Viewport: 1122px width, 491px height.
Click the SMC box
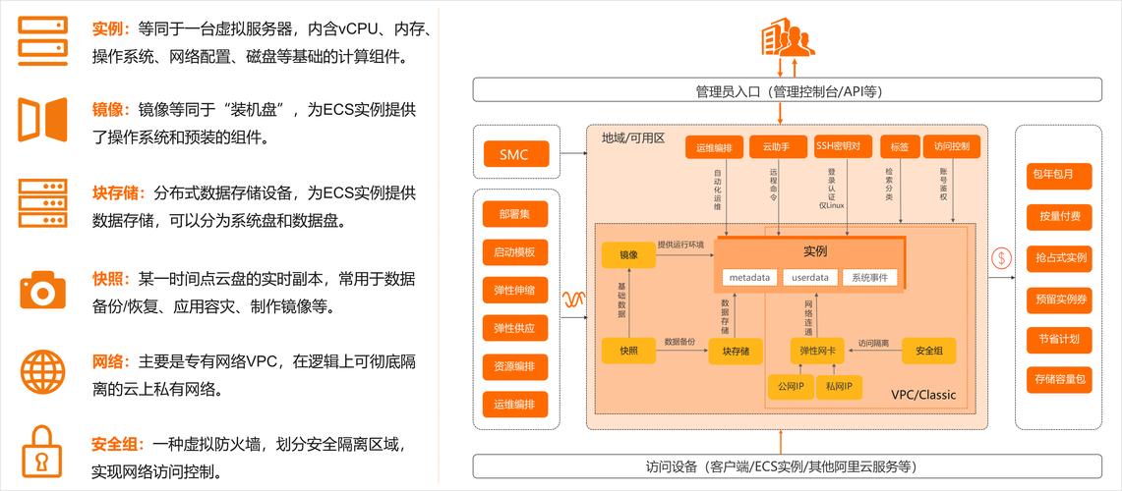coord(514,154)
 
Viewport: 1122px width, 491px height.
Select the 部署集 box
coord(515,215)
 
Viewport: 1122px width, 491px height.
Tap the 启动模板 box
coord(515,252)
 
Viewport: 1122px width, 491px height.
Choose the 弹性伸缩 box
coord(515,291)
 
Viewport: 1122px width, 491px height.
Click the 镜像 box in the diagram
coord(628,255)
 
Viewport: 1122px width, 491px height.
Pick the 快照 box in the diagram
coord(628,351)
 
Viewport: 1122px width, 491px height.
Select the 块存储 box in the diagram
coord(736,351)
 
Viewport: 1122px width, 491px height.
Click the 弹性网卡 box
coord(817,351)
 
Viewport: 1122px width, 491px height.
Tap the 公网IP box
coord(790,388)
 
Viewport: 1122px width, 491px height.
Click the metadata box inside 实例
coord(749,277)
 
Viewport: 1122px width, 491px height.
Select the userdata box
coord(810,277)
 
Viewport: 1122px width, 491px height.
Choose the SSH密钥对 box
coord(844,146)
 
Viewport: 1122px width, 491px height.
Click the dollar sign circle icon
coord(1002,259)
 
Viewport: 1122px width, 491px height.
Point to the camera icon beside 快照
coord(42,290)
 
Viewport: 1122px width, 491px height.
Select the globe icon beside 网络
coord(42,371)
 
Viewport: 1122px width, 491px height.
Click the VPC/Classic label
coord(922,395)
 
